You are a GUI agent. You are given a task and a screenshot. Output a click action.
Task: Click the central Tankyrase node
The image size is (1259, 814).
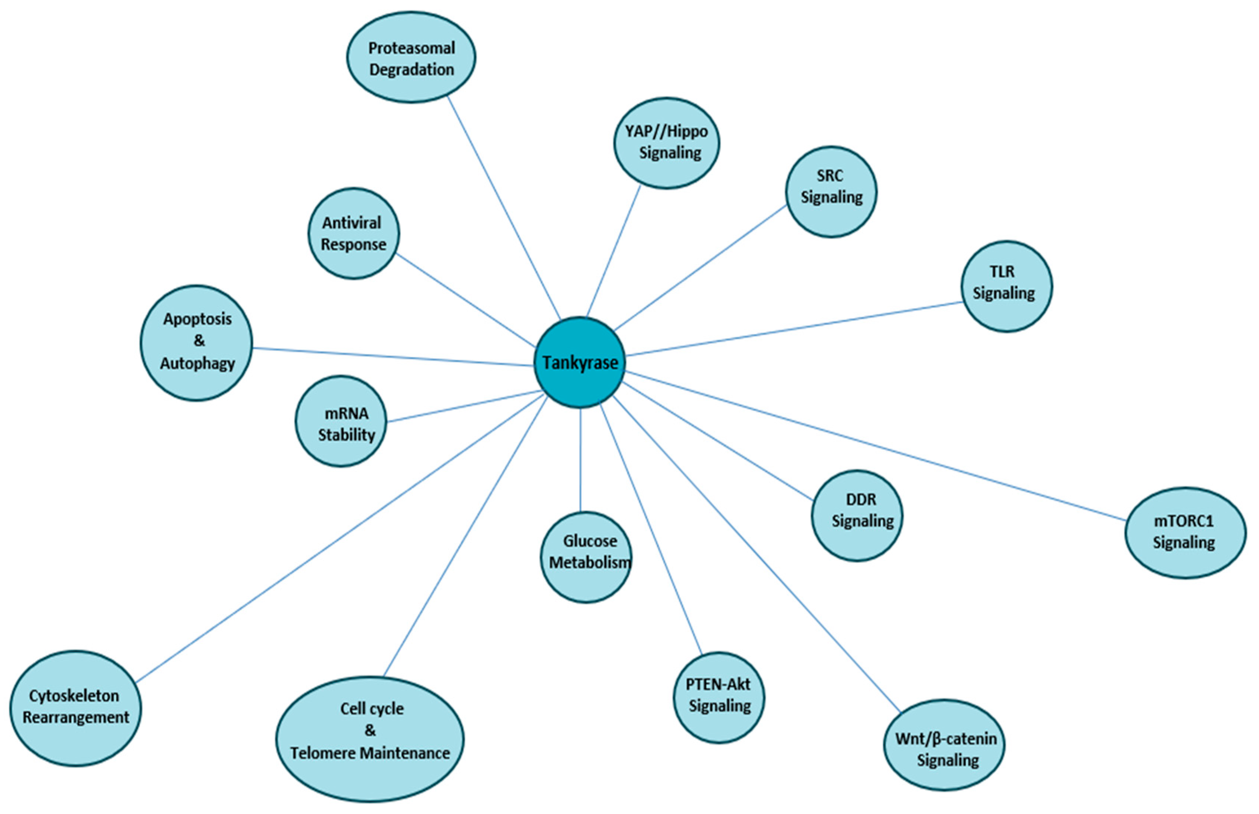580,363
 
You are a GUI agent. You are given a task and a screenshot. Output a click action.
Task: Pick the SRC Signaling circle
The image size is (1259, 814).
831,191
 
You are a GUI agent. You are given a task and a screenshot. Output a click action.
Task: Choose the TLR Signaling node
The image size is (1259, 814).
1005,287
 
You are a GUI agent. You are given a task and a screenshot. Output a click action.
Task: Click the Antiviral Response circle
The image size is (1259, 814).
353,233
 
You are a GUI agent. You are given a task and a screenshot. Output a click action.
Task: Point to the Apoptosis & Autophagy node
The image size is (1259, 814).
197,342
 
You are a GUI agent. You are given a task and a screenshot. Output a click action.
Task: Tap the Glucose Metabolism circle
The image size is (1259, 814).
586,557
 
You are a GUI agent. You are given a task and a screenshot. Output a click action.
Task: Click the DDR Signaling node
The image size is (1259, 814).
857,515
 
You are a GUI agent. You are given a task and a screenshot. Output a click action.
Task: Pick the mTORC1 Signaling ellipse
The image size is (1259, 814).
1185,532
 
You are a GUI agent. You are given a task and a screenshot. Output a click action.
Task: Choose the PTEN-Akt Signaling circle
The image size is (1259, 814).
719,697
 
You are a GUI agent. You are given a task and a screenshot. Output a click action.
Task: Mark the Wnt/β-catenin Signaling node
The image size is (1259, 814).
945,745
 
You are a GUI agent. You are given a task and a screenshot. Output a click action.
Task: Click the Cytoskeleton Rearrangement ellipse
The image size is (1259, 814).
76,708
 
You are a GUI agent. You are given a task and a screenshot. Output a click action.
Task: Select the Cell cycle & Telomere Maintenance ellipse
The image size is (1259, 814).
370,738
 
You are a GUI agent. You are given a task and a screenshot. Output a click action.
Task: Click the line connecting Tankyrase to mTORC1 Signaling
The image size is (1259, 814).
872,446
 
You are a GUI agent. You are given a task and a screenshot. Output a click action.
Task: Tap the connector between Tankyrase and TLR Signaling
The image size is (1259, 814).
793,329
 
